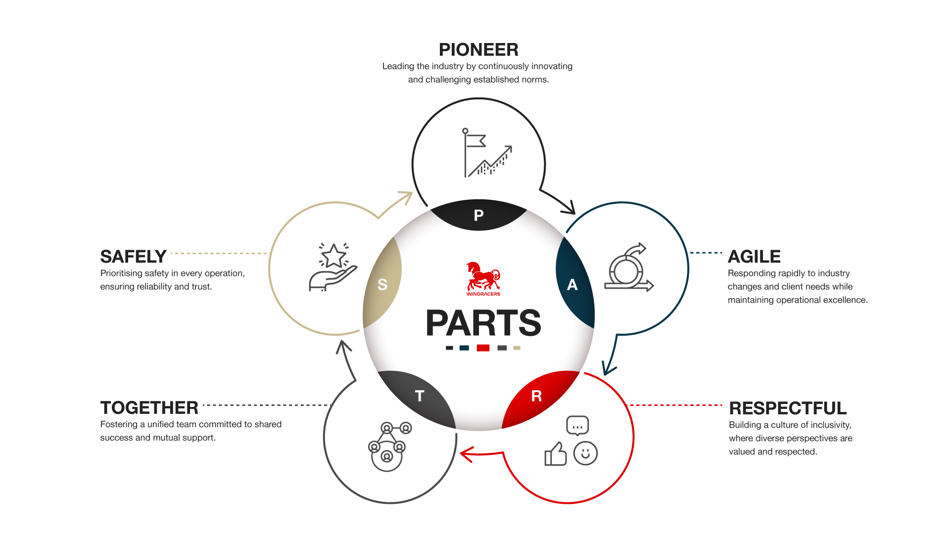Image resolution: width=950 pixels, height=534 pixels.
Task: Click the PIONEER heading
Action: pyautogui.click(x=478, y=49)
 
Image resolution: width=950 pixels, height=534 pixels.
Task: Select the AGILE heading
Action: pyautogui.click(x=754, y=257)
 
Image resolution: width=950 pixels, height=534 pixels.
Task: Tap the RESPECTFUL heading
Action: pyautogui.click(x=788, y=408)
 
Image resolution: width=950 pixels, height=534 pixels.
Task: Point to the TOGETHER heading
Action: pyautogui.click(x=149, y=408)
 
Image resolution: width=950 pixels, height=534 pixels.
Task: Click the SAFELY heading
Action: pyautogui.click(x=133, y=257)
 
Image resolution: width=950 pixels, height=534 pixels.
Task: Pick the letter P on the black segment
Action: pyautogui.click(x=478, y=215)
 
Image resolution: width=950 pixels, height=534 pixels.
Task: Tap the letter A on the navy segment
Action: pyautogui.click(x=572, y=285)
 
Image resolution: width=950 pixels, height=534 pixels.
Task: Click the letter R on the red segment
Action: pyautogui.click(x=536, y=396)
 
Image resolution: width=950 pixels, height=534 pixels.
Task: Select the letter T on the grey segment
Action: pyautogui.click(x=420, y=396)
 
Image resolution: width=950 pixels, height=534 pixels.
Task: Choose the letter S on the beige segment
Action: pyautogui.click(x=382, y=285)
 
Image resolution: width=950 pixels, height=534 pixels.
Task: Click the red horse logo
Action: pyautogui.click(x=483, y=278)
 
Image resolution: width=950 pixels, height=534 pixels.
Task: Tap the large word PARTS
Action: pyautogui.click(x=483, y=323)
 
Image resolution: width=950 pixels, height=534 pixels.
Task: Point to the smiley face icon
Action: pyautogui.click(x=585, y=453)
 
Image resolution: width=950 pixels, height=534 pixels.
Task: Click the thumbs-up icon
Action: pyautogui.click(x=556, y=454)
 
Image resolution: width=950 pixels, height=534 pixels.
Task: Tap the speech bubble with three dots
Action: pyautogui.click(x=577, y=426)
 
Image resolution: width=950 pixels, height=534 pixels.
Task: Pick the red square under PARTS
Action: pyautogui.click(x=483, y=348)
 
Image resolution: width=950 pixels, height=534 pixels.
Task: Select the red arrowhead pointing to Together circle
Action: pyautogui.click(x=467, y=454)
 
